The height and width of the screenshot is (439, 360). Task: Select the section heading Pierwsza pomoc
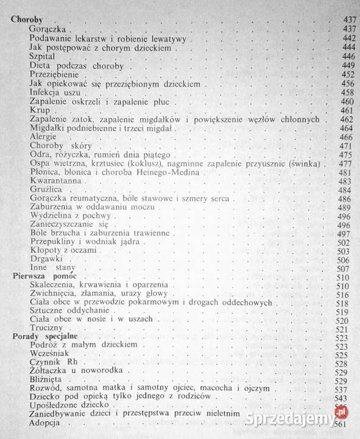tap(41, 276)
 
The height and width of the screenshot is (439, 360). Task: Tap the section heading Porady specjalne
tap(41, 337)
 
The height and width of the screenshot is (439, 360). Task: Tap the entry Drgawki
tap(44, 259)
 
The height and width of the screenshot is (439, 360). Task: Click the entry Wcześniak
tap(49, 355)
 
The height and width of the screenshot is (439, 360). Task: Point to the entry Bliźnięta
tap(46, 380)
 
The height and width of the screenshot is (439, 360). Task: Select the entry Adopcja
tap(45, 424)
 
